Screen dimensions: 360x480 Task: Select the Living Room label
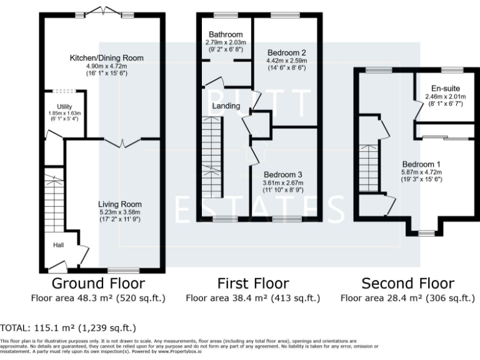point(119,204)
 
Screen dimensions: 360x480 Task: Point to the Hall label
point(59,245)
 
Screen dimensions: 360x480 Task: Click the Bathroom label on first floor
point(226,34)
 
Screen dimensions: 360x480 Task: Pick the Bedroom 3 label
point(282,174)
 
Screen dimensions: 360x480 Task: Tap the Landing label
point(226,106)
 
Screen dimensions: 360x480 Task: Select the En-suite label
point(445,89)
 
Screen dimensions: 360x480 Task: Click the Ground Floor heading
point(98,284)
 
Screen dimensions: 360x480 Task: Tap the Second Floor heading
point(407,284)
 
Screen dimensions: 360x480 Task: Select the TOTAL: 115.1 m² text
point(67,328)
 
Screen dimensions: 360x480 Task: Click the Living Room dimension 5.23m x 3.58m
point(119,212)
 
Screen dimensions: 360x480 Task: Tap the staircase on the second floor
point(370,169)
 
